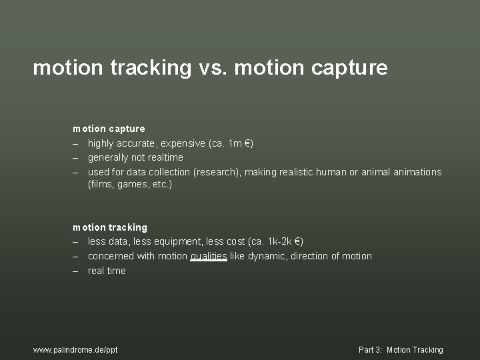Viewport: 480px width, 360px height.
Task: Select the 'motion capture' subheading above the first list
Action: click(x=109, y=128)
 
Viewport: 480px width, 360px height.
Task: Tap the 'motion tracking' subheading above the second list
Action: click(x=110, y=227)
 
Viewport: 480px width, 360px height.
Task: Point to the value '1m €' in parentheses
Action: click(x=238, y=143)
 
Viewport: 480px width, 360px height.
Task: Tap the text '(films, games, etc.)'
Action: click(x=130, y=184)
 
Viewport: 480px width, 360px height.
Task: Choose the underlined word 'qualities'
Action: click(x=209, y=256)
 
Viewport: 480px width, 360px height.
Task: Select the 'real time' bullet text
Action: click(x=107, y=271)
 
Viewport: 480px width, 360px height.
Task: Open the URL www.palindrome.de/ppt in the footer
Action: click(x=75, y=349)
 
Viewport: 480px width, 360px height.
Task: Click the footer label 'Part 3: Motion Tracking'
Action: click(x=401, y=349)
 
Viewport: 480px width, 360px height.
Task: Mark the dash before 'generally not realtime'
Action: click(x=76, y=157)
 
